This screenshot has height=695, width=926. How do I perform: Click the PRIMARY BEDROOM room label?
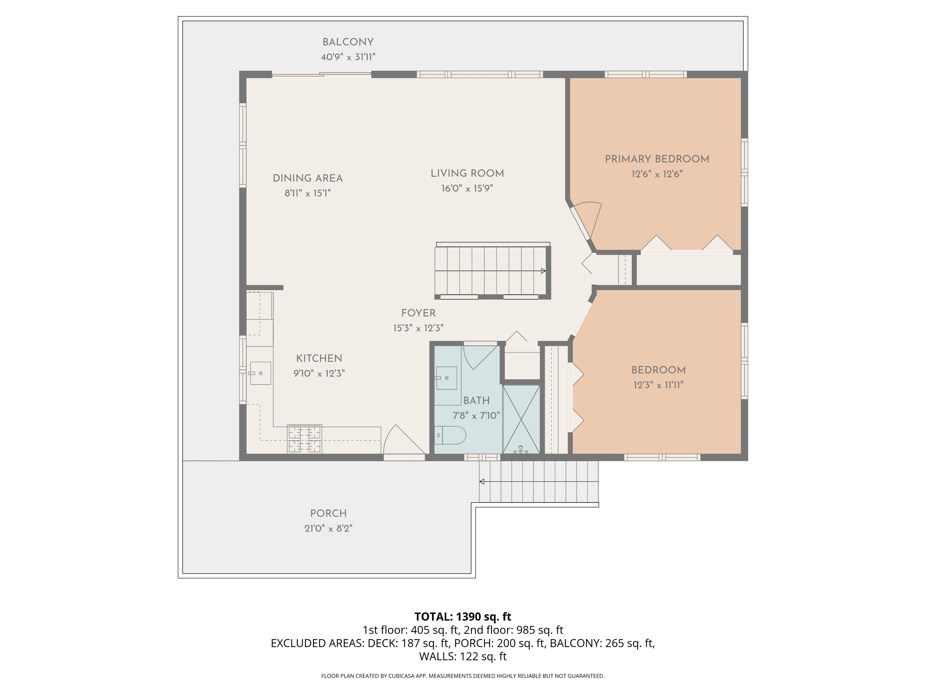pos(657,159)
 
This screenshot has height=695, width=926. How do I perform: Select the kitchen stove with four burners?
pos(304,439)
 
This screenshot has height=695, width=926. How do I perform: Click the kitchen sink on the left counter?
pos(261,373)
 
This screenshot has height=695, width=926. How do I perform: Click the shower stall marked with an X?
pos(521,419)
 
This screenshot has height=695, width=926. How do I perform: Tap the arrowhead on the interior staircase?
pos(543,271)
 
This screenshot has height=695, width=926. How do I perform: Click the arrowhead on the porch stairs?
pos(482,482)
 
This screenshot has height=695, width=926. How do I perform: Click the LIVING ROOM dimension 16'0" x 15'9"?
pos(467,188)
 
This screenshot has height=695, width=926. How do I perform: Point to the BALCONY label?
pos(348,42)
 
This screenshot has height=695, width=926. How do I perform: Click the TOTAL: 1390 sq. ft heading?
pos(463,617)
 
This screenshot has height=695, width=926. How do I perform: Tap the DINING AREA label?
pos(308,179)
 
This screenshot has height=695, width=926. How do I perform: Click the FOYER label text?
pos(418,313)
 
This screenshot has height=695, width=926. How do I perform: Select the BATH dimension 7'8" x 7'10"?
pos(476,415)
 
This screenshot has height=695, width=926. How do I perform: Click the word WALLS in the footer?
pos(437,656)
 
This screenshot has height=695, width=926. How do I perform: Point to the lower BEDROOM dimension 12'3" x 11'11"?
pos(658,385)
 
